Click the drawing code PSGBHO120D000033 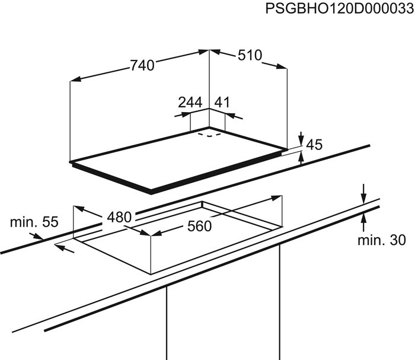(340, 9)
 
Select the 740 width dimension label (142, 65)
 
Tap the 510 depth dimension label (250, 55)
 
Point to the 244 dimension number (190, 103)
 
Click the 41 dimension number (222, 102)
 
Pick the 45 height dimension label (314, 145)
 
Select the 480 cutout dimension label (119, 217)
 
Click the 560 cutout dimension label (200, 227)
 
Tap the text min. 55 (34, 222)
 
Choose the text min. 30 (381, 240)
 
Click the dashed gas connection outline (209, 135)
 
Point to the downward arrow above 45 (301, 138)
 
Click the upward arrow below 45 (301, 158)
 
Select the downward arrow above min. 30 (363, 194)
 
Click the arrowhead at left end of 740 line (75, 79)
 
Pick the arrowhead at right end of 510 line (282, 66)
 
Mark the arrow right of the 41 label (234, 116)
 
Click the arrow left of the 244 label (183, 114)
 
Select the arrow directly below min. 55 (36, 236)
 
